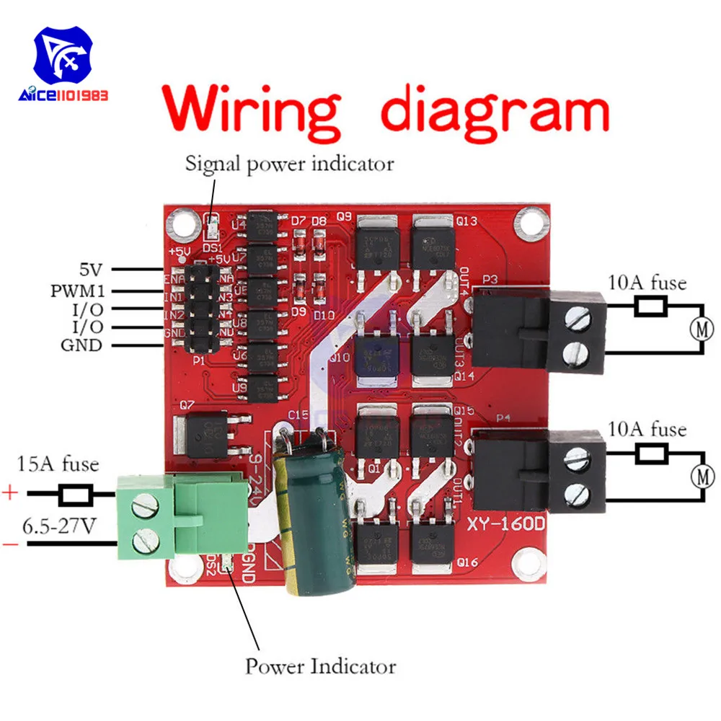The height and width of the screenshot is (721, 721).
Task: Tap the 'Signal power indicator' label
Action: pyautogui.click(x=290, y=164)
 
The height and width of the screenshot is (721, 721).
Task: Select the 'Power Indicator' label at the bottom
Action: pyautogui.click(x=320, y=665)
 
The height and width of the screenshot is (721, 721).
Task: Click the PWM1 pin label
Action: pyautogui.click(x=77, y=292)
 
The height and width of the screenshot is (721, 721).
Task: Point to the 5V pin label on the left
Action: pyautogui.click(x=91, y=271)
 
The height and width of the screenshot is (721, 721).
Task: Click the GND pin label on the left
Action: pyautogui.click(x=81, y=345)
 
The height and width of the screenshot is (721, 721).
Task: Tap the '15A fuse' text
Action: pyautogui.click(x=58, y=464)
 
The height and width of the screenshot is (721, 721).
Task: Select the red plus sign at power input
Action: pyautogui.click(x=10, y=494)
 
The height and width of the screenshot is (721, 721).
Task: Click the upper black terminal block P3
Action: pyautogui.click(x=537, y=332)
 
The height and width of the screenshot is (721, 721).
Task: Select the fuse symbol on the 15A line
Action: pyautogui.click(x=75, y=495)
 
